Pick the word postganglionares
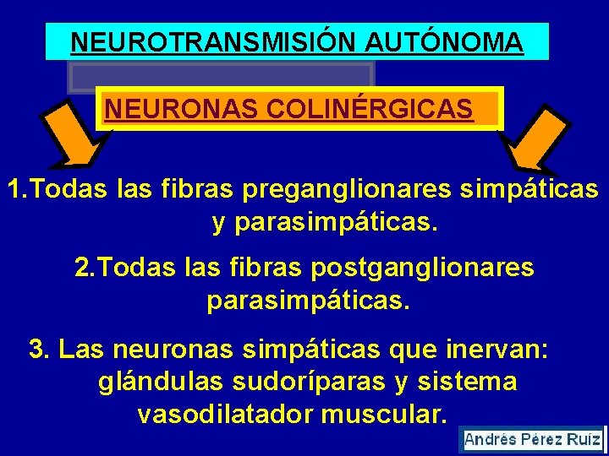[x=423, y=268]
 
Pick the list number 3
[x=37, y=349]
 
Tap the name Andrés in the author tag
[x=490, y=440]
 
